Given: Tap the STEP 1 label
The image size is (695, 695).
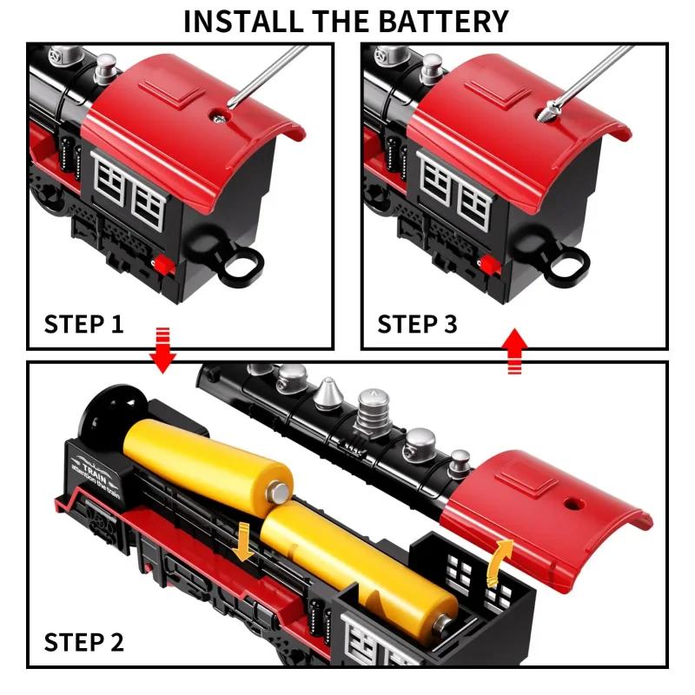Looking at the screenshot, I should pyautogui.click(x=83, y=324).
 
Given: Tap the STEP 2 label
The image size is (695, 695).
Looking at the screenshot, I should pyautogui.click(x=83, y=642).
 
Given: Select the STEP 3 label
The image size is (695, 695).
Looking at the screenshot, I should pyautogui.click(x=417, y=324).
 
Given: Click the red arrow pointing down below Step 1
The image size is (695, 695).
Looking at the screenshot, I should pyautogui.click(x=162, y=349).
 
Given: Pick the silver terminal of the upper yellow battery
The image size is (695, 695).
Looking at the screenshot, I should pyautogui.click(x=280, y=493).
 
